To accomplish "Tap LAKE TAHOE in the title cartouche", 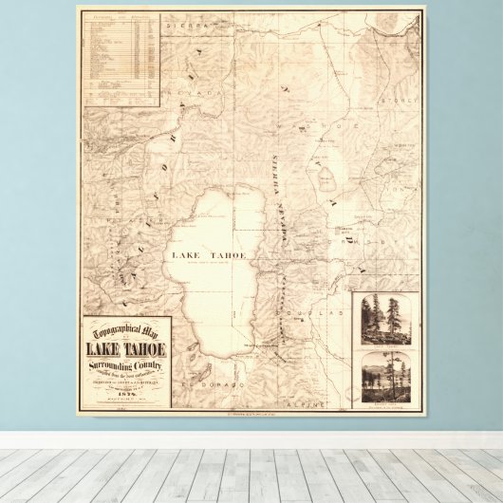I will click(x=125, y=345).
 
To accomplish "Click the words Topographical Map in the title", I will click(x=125, y=330).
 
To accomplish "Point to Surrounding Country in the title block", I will click(x=126, y=363).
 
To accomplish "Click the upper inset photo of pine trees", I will click(x=387, y=321).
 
